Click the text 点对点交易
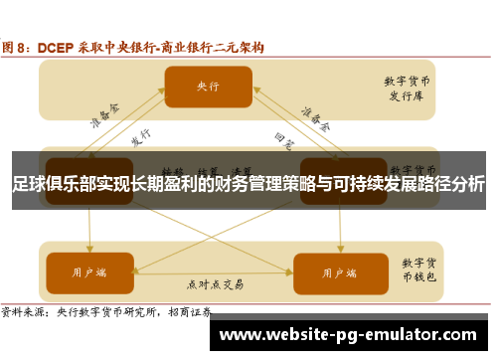213,283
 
